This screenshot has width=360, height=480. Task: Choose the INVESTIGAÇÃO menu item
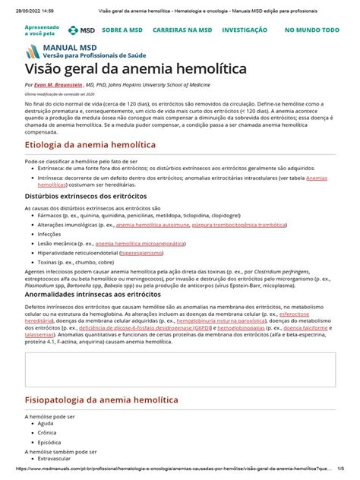(x=244, y=30)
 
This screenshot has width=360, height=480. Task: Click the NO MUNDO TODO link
(x=311, y=30)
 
